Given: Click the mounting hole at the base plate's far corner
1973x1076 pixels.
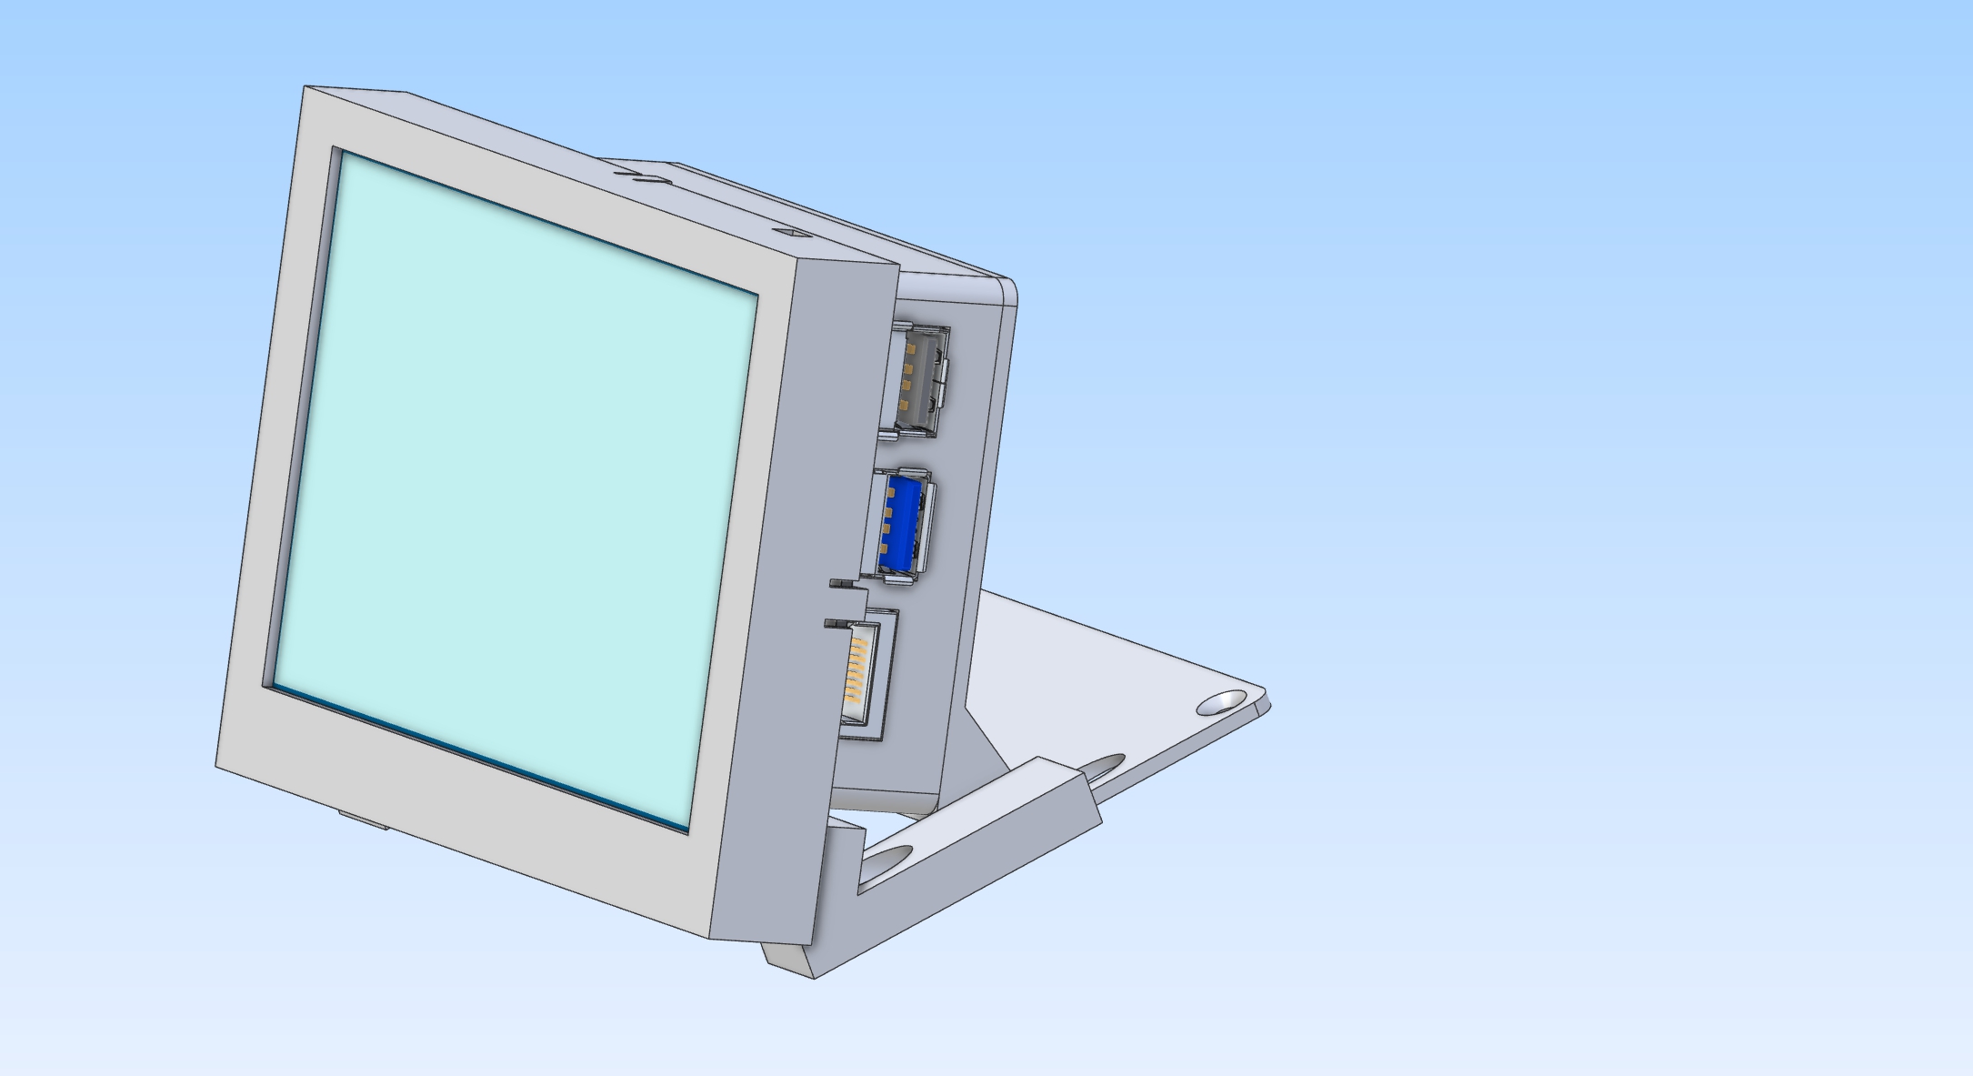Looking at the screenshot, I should tap(1221, 702).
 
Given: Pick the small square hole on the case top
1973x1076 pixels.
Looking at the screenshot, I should tap(791, 232).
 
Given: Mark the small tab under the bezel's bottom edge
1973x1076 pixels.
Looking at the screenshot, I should tap(364, 821).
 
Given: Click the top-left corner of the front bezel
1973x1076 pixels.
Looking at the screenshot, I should tap(305, 88).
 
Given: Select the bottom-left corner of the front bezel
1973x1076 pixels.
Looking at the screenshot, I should tap(217, 765).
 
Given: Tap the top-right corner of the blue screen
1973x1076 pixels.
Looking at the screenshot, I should tap(756, 296).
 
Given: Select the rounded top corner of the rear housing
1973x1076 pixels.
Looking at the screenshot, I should tap(1009, 289).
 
